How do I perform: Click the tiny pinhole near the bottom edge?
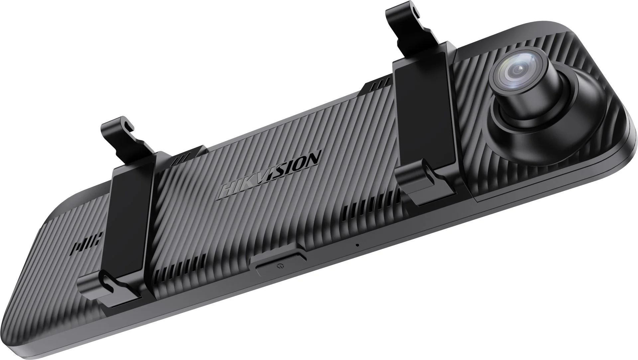click(x=357, y=245)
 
